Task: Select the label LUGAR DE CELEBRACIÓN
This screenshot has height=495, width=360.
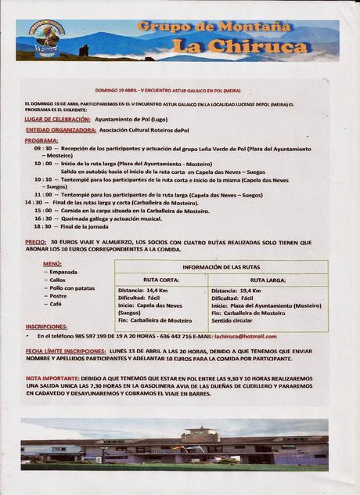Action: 57,119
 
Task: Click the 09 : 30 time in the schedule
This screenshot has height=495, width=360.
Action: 42,148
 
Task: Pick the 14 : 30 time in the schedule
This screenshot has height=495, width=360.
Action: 34,202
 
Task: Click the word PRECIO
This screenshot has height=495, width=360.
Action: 35,242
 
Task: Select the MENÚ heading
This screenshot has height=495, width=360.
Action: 52,264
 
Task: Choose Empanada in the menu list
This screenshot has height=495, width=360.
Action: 63,272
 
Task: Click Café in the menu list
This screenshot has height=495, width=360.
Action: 57,304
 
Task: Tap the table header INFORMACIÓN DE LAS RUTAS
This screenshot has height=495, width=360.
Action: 221,267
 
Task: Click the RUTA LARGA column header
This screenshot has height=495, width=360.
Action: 268,279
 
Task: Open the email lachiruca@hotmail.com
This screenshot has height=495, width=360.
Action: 245,336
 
